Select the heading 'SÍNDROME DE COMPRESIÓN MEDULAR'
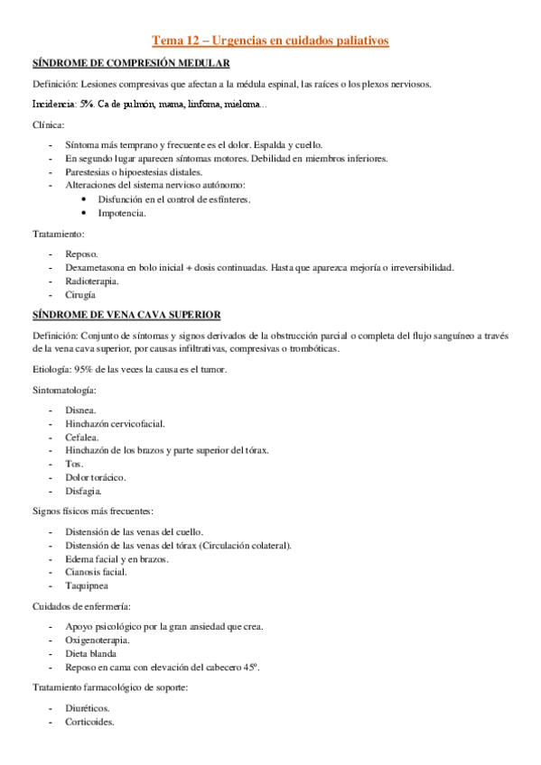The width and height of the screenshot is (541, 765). coord(130,63)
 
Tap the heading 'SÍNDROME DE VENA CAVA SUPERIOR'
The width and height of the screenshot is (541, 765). coord(126,314)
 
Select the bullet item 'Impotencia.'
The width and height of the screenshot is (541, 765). coord(122,213)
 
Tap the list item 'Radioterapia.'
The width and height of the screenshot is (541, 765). coord(92,281)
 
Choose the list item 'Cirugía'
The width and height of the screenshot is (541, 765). coord(79,294)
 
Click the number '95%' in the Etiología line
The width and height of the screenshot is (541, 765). coord(91,370)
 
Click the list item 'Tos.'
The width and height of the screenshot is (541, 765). coord(74,464)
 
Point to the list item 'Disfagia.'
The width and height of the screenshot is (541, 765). coord(83,491)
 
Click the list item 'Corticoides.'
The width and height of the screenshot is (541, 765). coord(89,723)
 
